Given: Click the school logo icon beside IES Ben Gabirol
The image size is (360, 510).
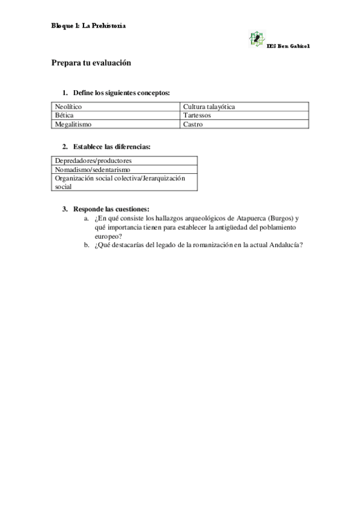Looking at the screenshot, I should pyautogui.click(x=257, y=39).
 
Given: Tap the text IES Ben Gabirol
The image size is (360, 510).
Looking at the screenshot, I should pyautogui.click(x=288, y=46).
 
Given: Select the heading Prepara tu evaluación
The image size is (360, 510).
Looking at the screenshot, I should pyautogui.click(x=91, y=63).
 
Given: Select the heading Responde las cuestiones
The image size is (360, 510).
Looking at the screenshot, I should pyautogui.click(x=111, y=209).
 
